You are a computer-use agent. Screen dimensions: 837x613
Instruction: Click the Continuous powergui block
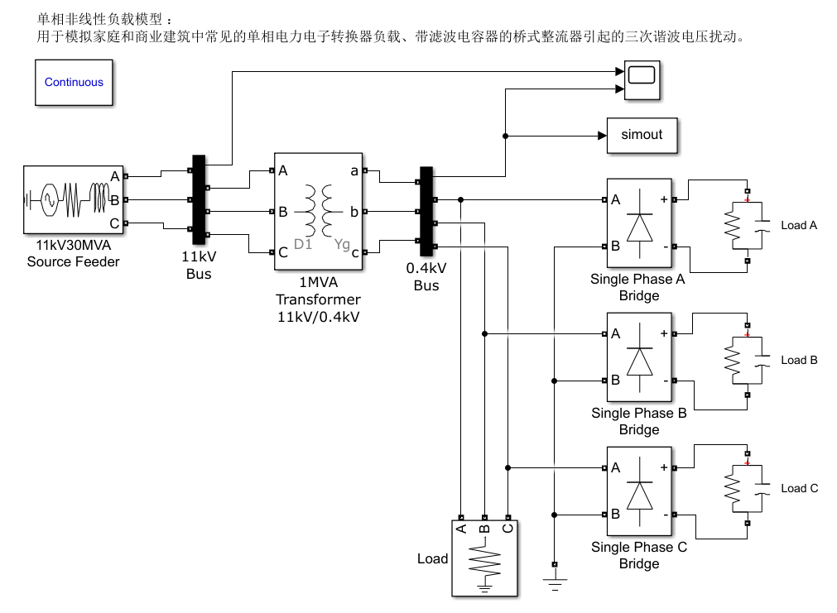(74, 82)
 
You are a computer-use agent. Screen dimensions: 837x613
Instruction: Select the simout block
(642, 136)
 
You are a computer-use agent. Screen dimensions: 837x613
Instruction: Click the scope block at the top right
(642, 80)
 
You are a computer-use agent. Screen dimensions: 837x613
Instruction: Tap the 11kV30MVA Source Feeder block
(73, 199)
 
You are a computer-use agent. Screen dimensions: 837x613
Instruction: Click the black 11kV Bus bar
(199, 199)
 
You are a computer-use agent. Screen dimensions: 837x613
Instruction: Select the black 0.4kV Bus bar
(426, 211)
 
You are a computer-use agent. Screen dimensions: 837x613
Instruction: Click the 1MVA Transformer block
(318, 211)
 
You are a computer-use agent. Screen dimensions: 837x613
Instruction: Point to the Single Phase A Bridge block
(639, 223)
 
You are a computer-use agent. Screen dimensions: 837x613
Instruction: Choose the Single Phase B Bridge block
(639, 357)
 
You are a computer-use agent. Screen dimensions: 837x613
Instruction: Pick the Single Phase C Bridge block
(639, 491)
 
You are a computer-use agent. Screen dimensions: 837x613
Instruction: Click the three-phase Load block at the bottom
(484, 558)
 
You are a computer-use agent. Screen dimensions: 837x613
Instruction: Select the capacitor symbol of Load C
(762, 489)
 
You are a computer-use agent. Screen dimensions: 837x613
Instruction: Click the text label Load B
(799, 360)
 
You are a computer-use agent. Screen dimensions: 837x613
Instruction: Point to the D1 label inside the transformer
(303, 244)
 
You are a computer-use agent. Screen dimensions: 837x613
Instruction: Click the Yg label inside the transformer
(342, 245)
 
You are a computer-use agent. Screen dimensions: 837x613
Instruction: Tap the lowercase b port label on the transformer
(354, 212)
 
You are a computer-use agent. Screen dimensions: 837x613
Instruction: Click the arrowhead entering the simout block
(602, 136)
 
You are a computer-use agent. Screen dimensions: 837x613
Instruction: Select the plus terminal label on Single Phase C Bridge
(664, 467)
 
